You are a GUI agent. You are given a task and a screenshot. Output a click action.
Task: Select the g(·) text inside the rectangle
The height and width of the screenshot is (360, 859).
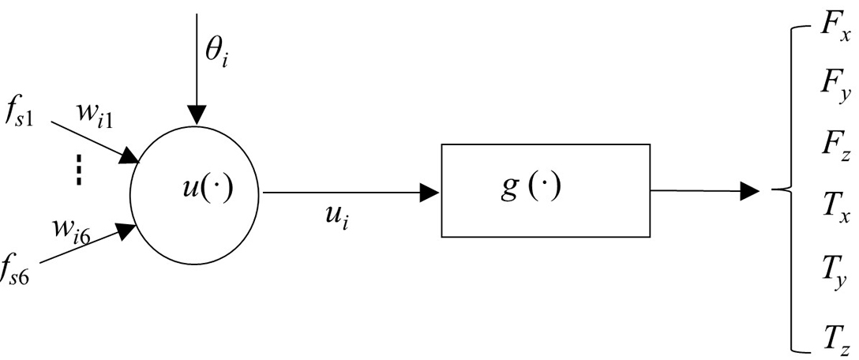pos(531,189)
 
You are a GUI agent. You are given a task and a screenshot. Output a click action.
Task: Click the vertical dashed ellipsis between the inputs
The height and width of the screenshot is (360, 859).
pos(79,169)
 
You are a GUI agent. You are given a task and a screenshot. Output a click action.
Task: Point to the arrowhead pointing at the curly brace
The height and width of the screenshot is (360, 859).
pos(750,190)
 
